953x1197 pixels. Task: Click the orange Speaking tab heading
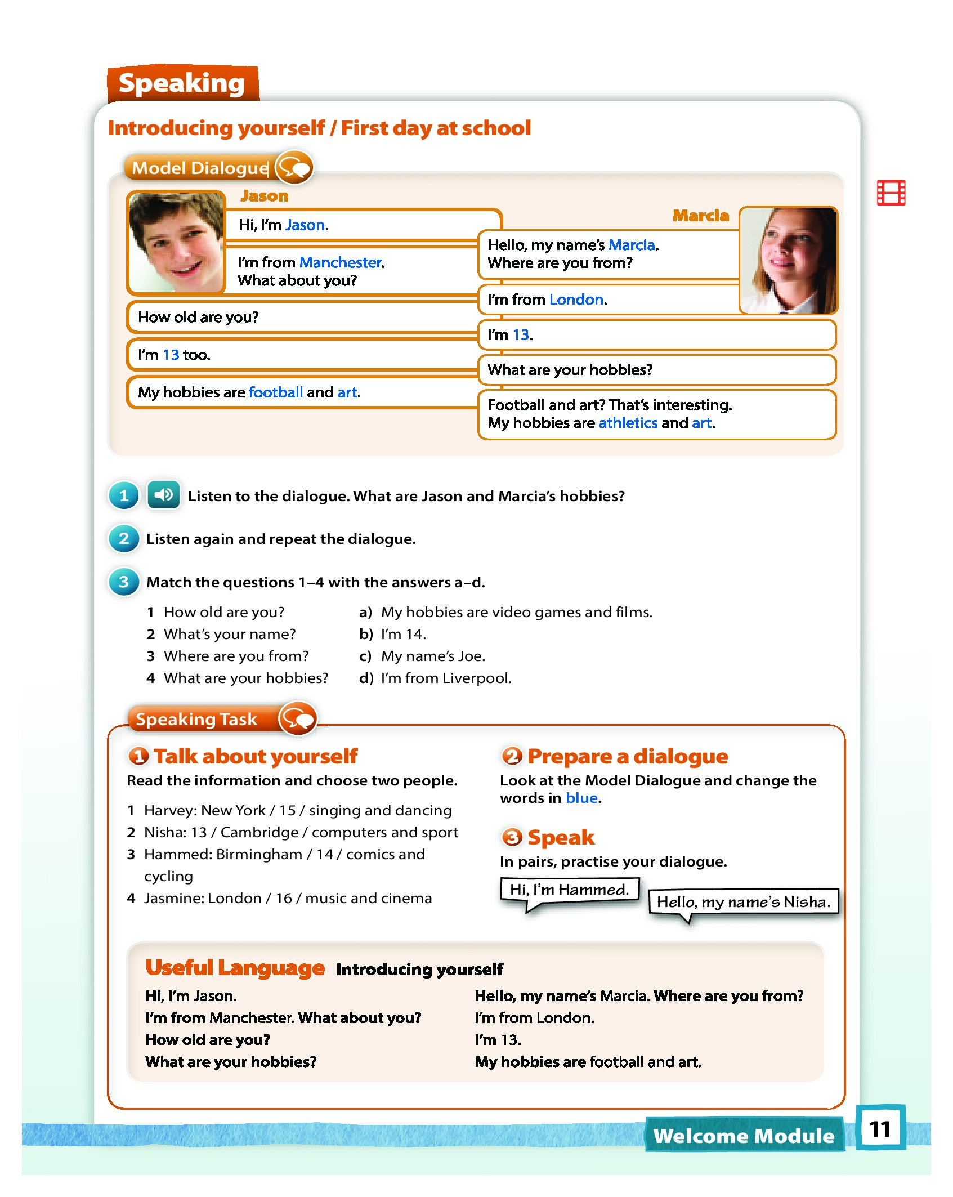[182, 83]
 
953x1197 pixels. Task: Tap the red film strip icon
[891, 193]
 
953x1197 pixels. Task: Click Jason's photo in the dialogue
[176, 242]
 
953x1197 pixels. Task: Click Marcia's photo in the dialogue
[788, 260]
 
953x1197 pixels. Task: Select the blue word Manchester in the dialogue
[341, 262]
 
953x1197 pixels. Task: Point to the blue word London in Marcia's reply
[576, 300]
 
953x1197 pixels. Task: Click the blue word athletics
[628, 423]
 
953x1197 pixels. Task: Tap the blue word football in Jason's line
[275, 392]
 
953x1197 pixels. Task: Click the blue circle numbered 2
[124, 539]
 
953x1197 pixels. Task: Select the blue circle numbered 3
[124, 582]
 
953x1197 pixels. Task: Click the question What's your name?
[229, 635]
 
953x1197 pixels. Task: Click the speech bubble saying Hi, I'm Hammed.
[569, 890]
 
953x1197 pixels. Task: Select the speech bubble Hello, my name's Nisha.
[743, 902]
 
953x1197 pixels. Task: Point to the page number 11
[880, 1129]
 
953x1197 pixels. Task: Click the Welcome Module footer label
[744, 1136]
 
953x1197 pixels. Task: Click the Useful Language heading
[235, 968]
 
